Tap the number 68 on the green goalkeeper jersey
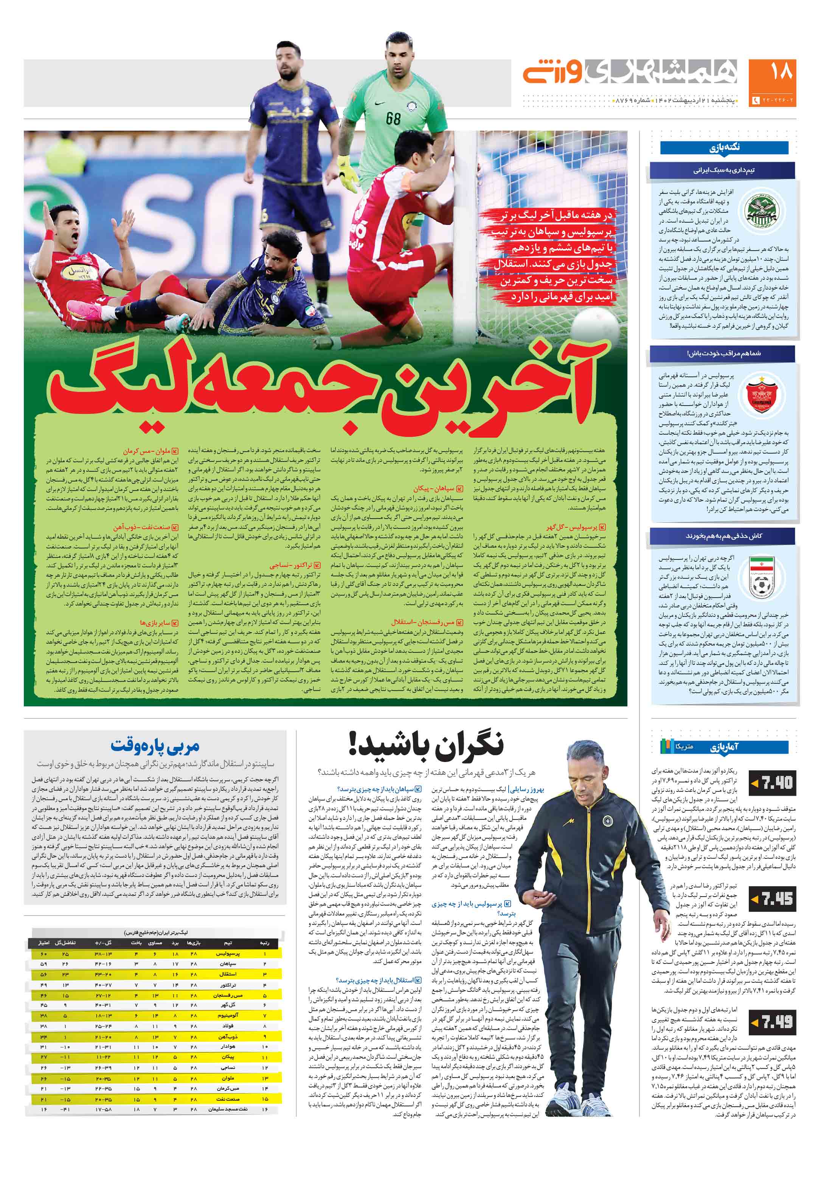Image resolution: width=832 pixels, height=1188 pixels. [393, 118]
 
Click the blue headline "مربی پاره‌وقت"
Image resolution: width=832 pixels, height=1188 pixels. [154, 746]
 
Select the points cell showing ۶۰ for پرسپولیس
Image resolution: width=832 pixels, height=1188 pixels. [43, 954]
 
